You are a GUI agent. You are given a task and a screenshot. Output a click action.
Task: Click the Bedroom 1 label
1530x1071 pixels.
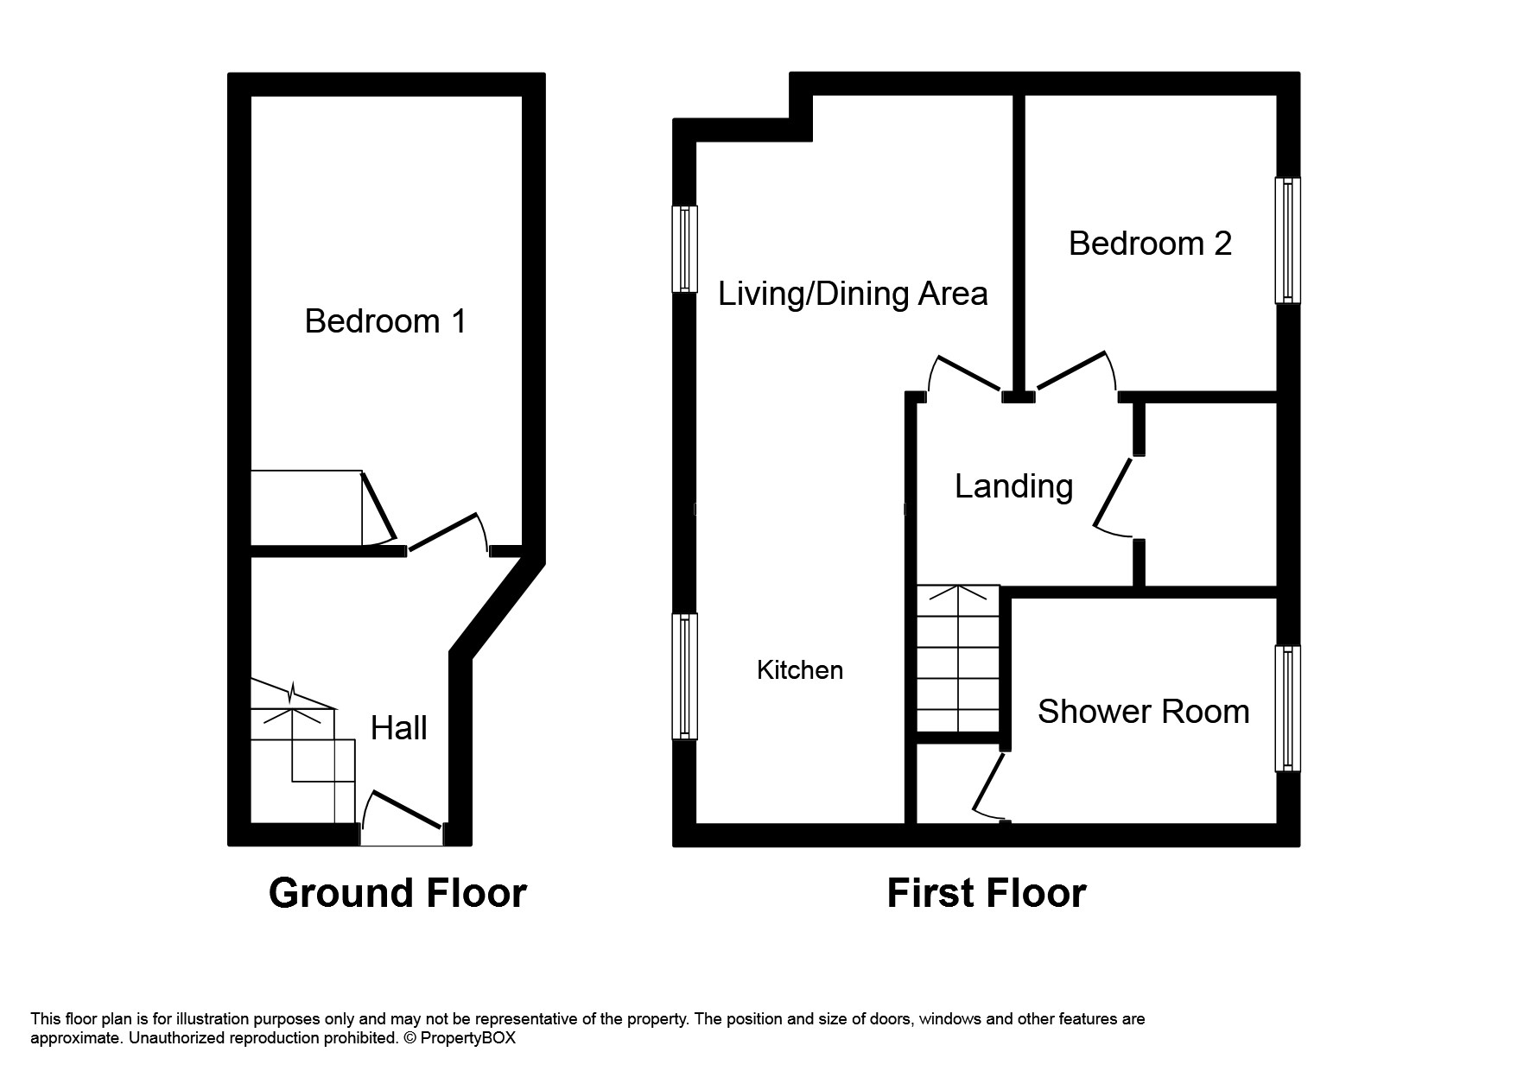(385, 321)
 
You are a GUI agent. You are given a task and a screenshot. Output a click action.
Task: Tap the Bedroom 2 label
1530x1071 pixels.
(1150, 244)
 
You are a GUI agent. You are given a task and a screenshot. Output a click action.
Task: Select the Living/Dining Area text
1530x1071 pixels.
(853, 295)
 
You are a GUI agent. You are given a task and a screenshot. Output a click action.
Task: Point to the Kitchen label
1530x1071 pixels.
(800, 670)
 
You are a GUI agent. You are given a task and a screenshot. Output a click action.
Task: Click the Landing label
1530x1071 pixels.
(1013, 487)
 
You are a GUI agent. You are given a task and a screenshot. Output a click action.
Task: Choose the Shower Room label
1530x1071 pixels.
(1143, 712)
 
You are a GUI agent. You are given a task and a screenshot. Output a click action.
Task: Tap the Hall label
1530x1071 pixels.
(398, 729)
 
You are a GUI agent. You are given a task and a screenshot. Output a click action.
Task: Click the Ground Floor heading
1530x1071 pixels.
(397, 893)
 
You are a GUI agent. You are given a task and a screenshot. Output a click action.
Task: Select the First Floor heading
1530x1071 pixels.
(986, 893)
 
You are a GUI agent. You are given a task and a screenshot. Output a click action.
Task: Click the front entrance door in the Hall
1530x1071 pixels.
(403, 817)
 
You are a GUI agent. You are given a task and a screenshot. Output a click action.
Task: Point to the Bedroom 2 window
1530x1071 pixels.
(1288, 241)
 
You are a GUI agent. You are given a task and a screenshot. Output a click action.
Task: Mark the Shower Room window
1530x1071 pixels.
(1288, 708)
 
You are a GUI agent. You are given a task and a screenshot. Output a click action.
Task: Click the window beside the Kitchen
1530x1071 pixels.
(684, 676)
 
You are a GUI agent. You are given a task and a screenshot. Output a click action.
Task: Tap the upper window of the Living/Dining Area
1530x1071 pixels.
(684, 249)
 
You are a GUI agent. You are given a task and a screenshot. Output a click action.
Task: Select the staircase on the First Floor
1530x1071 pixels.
(958, 659)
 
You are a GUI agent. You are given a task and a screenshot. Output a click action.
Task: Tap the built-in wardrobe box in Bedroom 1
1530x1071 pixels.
(306, 508)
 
